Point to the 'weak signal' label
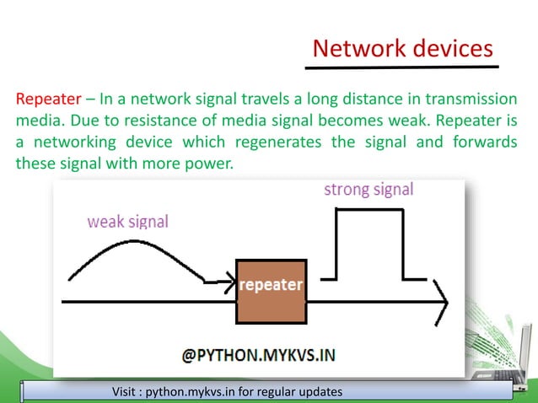(128, 222)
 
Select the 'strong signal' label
(369, 190)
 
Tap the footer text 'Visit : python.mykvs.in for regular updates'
(229, 393)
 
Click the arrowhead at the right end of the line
(440, 300)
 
